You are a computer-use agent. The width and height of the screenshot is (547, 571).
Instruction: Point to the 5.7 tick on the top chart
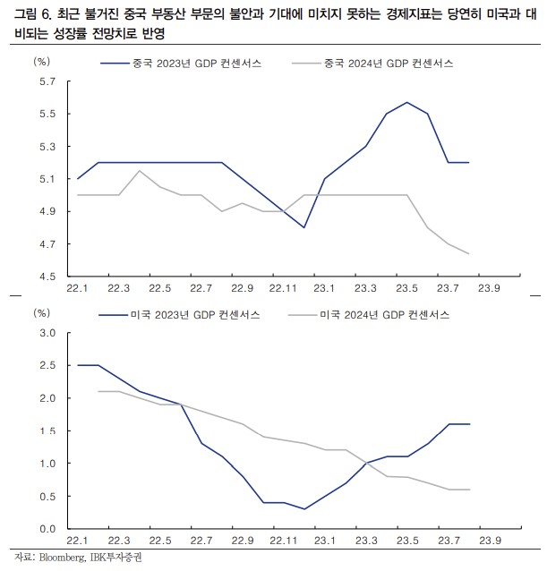pyautogui.click(x=47, y=81)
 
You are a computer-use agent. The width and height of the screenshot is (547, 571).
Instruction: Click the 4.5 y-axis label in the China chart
pyautogui.click(x=47, y=277)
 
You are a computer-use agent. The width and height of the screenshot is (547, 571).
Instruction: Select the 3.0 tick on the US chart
pyautogui.click(x=47, y=333)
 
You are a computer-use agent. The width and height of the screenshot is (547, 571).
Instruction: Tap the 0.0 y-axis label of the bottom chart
pyautogui.click(x=47, y=528)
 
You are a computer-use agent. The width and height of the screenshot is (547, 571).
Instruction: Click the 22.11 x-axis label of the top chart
pyautogui.click(x=282, y=288)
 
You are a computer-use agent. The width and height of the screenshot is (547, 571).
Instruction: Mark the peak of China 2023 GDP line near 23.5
pyautogui.click(x=407, y=102)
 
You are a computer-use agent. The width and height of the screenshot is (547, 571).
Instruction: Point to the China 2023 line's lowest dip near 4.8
pyautogui.click(x=303, y=227)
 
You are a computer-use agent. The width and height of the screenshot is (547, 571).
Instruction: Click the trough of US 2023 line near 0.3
pyautogui.click(x=303, y=508)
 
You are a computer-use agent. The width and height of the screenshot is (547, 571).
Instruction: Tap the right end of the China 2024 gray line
pyautogui.click(x=468, y=253)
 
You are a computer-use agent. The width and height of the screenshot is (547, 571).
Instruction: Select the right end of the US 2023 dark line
pyautogui.click(x=468, y=424)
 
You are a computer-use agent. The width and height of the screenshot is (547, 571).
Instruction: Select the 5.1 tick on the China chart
pyautogui.click(x=47, y=179)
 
